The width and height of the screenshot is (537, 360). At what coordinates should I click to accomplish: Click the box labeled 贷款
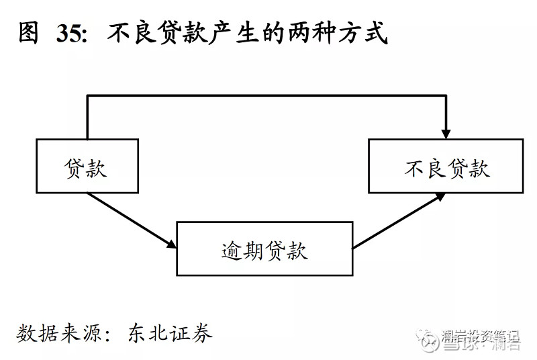87,166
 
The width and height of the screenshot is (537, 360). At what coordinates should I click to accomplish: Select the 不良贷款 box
446,166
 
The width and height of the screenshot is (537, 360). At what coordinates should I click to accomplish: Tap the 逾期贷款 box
264,249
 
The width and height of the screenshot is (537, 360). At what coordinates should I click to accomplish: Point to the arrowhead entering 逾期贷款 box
171,244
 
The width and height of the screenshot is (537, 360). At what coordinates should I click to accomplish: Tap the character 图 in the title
30,33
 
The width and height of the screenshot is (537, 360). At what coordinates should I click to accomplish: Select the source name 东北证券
170,334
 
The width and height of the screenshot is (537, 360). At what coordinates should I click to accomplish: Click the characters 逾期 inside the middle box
242,249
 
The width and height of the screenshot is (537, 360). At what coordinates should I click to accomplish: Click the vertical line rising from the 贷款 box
87,118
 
